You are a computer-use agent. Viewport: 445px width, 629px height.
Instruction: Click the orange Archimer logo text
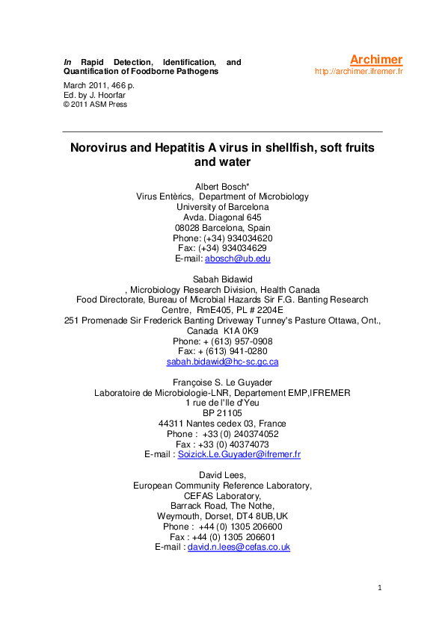(376, 60)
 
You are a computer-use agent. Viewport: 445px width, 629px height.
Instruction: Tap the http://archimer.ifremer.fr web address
(358, 72)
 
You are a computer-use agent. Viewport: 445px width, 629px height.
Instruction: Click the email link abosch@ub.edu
(237, 258)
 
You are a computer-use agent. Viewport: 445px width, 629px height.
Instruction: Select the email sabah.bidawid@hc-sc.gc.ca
(222, 362)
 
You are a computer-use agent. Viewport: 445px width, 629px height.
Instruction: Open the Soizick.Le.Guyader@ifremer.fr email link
(239, 454)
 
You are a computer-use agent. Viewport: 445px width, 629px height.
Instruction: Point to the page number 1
(379, 589)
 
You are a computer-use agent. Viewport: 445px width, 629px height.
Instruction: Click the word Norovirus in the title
(101, 148)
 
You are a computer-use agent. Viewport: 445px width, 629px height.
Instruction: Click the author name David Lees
(221, 474)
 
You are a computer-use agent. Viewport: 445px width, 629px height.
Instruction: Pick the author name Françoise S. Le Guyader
(222, 382)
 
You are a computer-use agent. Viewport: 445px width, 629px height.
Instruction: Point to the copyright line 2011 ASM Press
(99, 104)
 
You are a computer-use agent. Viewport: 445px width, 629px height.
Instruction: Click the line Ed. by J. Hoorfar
(93, 95)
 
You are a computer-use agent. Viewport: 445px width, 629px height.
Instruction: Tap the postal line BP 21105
(222, 412)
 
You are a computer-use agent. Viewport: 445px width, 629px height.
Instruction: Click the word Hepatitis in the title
(188, 148)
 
